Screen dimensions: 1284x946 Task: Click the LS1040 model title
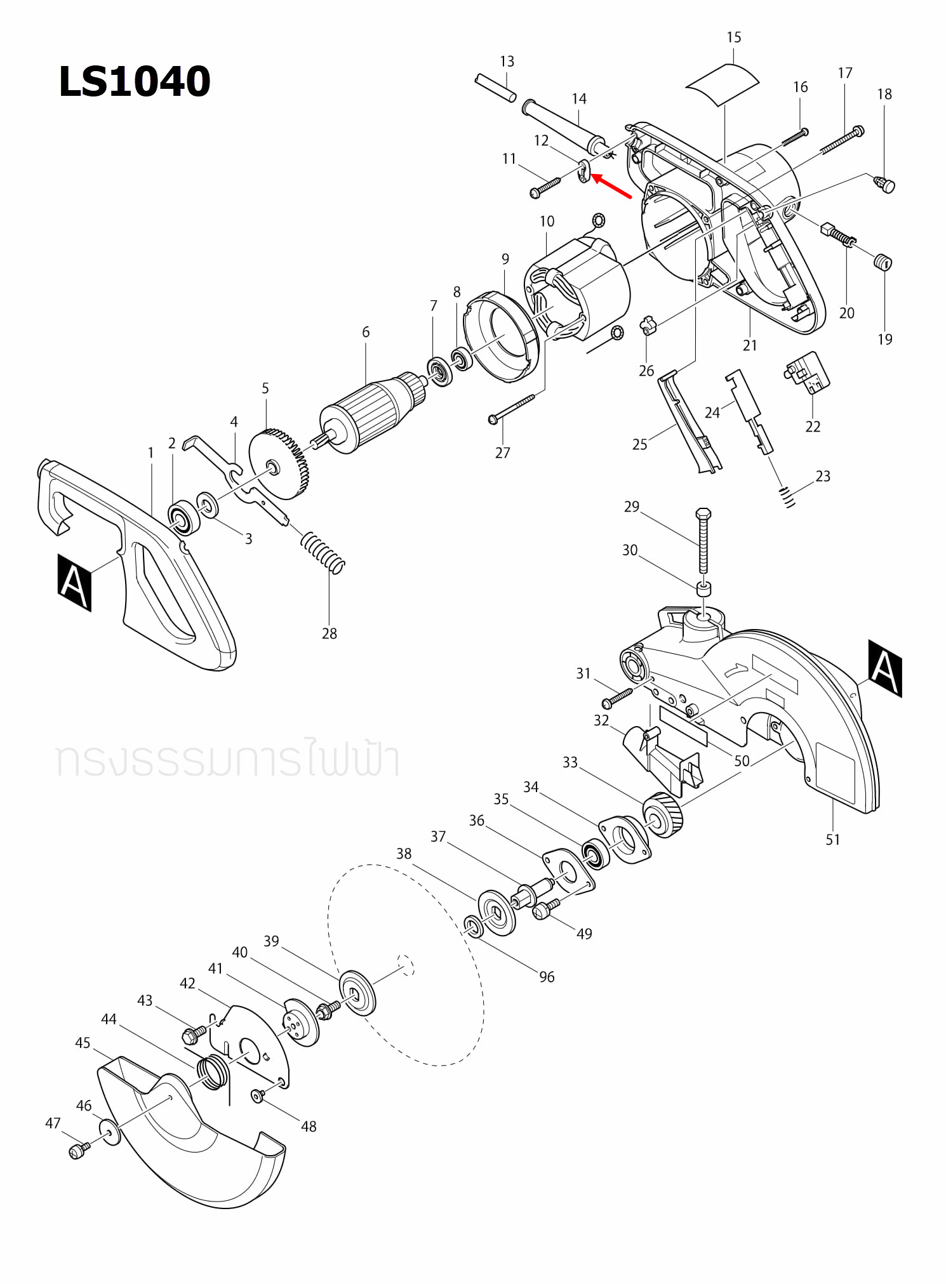(x=134, y=82)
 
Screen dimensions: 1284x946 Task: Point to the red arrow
(x=611, y=187)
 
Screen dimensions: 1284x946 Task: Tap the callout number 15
(x=733, y=37)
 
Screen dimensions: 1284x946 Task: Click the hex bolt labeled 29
(x=703, y=539)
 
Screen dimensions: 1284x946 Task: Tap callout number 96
(x=547, y=977)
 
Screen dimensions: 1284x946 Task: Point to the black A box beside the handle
(x=74, y=583)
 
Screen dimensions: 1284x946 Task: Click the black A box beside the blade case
(x=885, y=668)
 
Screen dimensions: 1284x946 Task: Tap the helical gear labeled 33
(x=663, y=816)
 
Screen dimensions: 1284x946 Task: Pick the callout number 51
(x=832, y=839)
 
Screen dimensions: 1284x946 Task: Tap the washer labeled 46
(x=110, y=1132)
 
